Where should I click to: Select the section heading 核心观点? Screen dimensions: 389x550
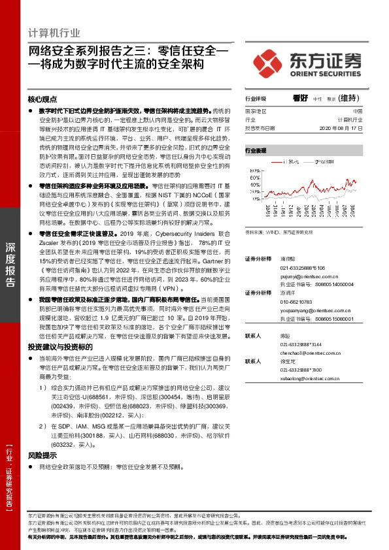(x=42, y=99)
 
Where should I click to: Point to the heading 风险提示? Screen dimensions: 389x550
(x=42, y=455)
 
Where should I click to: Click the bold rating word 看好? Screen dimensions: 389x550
(x=301, y=98)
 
